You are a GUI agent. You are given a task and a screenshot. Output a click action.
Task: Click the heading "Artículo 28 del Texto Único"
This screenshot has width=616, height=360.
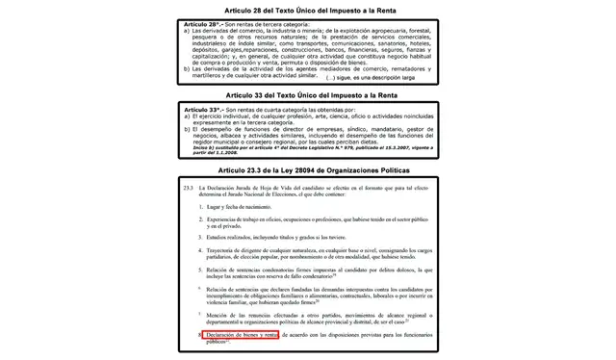coord(307,9)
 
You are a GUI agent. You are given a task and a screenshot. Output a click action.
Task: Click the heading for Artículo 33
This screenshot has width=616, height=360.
coord(307,96)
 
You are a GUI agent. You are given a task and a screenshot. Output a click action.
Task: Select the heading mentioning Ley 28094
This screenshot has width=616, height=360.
coord(307,169)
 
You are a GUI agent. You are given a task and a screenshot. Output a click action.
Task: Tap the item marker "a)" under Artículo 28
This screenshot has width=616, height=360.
coord(187,31)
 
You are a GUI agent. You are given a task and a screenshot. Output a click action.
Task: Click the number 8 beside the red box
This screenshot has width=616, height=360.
coord(199,334)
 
